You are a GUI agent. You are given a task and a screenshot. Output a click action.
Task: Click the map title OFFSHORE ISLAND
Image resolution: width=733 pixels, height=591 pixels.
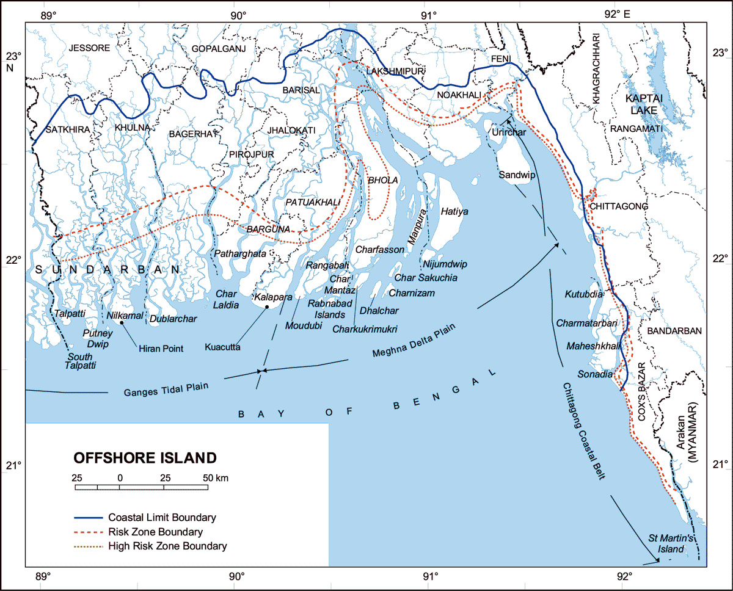[x=145, y=458]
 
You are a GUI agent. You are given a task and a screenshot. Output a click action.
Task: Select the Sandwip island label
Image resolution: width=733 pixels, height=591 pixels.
[x=517, y=175]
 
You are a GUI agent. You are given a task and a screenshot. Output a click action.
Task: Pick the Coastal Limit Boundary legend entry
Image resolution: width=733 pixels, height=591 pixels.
[x=162, y=518]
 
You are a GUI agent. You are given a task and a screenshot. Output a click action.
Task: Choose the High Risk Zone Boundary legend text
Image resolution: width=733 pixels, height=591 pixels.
[x=167, y=546]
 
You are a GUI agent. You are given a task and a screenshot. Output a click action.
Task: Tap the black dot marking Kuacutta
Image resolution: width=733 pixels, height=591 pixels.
[x=267, y=307]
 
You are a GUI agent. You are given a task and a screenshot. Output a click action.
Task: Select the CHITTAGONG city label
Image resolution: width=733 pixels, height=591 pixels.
[x=618, y=207]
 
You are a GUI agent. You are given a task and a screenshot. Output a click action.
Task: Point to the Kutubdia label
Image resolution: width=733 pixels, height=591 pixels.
[x=585, y=294]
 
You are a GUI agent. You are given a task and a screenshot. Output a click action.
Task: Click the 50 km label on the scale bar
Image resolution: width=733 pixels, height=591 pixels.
[x=217, y=477]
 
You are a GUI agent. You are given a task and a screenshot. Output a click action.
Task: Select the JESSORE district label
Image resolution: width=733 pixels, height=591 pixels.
[x=89, y=48]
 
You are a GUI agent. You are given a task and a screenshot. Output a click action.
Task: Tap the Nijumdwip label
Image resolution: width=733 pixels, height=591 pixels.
[x=445, y=264]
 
